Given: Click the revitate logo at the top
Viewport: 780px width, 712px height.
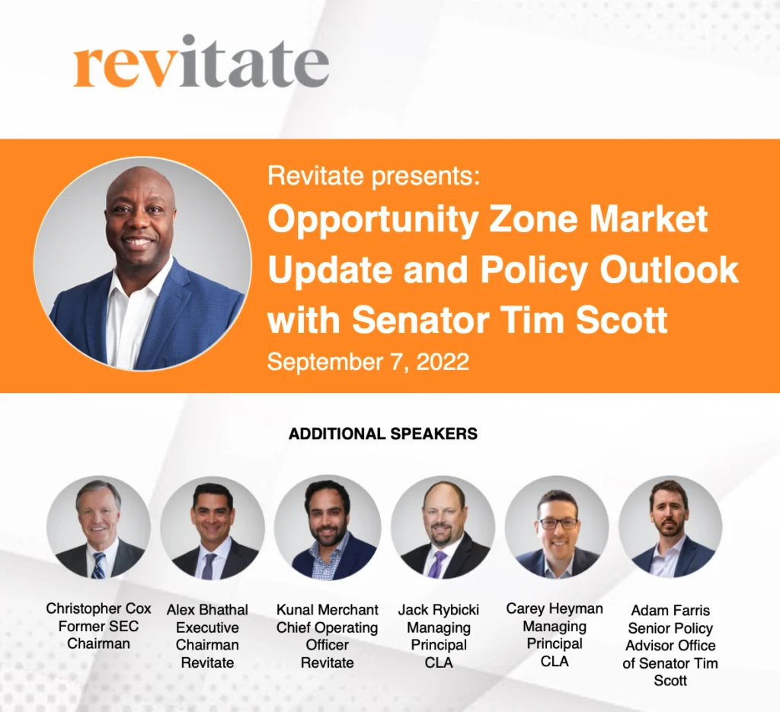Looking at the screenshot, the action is (201, 62).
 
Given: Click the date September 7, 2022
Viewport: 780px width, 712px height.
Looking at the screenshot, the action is (368, 362).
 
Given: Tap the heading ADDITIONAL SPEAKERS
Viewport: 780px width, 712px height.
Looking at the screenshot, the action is (383, 433).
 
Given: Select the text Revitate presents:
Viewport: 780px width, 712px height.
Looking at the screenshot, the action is (374, 176).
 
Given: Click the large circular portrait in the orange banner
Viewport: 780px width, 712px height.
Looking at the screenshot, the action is (142, 264).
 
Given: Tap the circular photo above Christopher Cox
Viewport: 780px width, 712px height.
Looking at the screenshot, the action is (98, 527).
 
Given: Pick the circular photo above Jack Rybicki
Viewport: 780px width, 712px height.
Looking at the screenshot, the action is (443, 528).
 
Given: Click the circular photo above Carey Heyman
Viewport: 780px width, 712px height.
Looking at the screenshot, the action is (557, 528).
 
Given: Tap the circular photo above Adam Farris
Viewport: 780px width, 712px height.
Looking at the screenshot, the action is (670, 527).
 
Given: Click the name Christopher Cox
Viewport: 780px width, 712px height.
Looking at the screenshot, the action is (98, 608).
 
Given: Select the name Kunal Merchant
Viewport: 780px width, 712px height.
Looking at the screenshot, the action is (328, 610).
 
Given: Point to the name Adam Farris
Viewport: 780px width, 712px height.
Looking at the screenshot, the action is (670, 610).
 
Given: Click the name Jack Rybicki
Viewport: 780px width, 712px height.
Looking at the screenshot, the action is (439, 610).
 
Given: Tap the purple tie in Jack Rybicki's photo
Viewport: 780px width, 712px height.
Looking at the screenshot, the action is (438, 564).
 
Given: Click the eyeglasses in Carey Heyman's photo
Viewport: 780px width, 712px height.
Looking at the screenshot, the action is (558, 523).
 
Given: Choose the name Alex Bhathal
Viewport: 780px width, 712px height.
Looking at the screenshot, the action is (207, 610).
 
